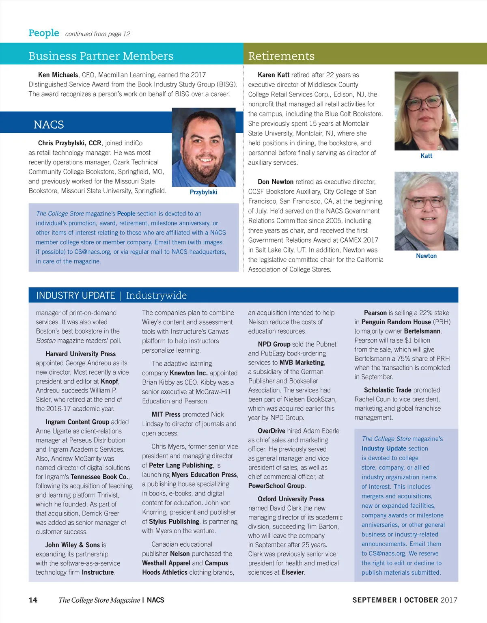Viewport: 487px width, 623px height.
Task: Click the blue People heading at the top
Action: pos(44,33)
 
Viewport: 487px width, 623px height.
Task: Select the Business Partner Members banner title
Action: pos(101,56)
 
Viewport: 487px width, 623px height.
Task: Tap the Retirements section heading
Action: pos(281,56)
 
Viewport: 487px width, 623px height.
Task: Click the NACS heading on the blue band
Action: pos(49,125)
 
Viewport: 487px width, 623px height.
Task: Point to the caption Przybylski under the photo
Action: pos(203,192)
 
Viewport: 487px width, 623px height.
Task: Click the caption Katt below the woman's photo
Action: pos(426,156)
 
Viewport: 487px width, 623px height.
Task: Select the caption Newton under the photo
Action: pos(426,256)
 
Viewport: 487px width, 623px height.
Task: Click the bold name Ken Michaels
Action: pos(58,75)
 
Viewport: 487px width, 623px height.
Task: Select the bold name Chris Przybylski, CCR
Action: pos(70,143)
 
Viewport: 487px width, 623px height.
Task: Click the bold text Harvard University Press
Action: pos(80,354)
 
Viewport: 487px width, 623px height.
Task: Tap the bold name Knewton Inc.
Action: pos(188,373)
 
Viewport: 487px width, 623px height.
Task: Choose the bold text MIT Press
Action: pos(166,414)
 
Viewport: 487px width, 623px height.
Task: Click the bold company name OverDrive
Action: pos(272,431)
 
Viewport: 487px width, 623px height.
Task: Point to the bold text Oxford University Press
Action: pos(291,499)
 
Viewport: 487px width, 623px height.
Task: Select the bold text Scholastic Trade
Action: pos(388,390)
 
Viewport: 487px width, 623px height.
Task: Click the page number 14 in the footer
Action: pos(33,600)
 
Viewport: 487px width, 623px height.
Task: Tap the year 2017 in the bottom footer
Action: pos(448,600)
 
